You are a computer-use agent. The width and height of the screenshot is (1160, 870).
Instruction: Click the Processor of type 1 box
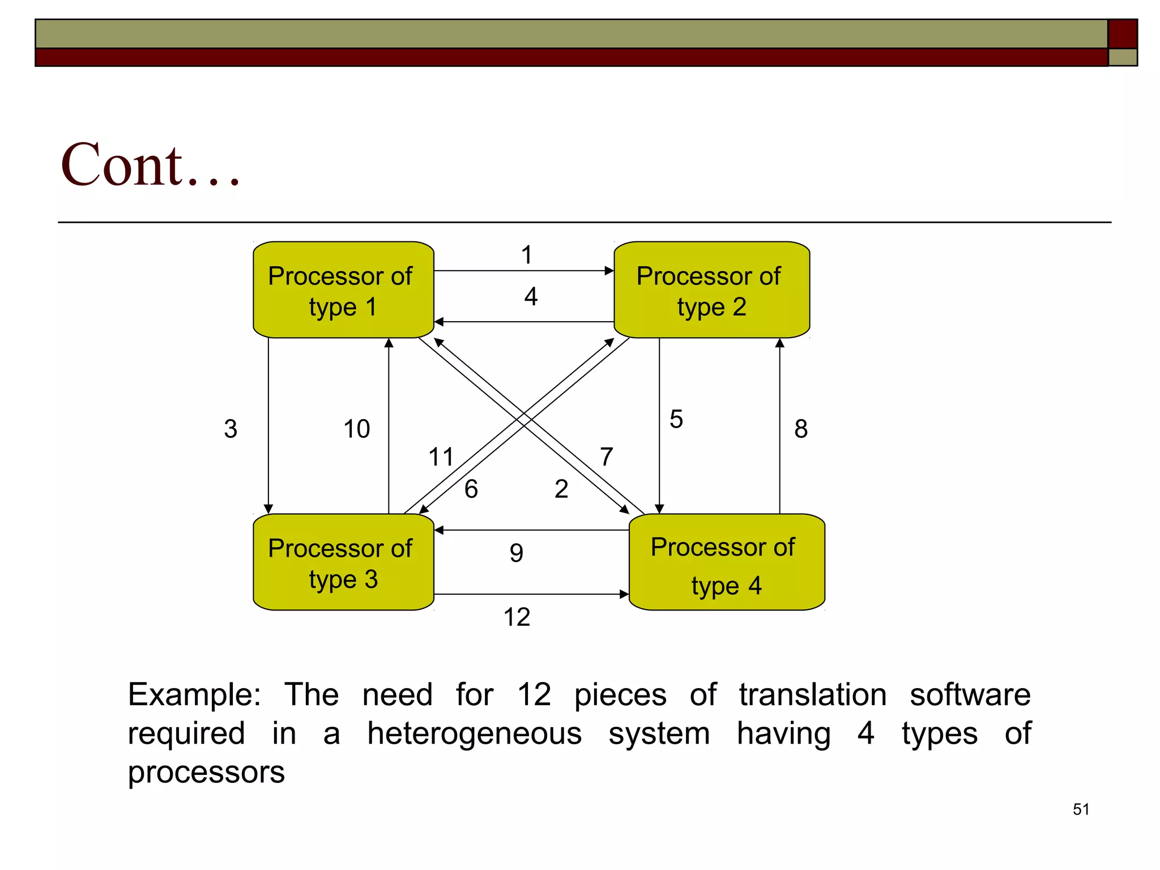pyautogui.click(x=343, y=290)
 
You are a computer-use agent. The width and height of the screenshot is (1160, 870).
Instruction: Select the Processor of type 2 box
pyautogui.click(x=711, y=290)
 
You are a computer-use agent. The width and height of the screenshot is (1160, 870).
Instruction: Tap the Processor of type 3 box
pyautogui.click(x=343, y=562)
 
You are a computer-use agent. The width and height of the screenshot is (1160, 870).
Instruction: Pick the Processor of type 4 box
pyautogui.click(x=726, y=562)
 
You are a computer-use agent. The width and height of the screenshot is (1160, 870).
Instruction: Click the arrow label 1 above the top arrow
pyautogui.click(x=527, y=255)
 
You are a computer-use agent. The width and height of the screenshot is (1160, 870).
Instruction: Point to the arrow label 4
pyautogui.click(x=531, y=297)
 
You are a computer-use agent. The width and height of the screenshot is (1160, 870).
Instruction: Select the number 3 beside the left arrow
pyautogui.click(x=231, y=429)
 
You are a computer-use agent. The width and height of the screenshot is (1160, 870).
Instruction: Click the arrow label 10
pyautogui.click(x=357, y=429)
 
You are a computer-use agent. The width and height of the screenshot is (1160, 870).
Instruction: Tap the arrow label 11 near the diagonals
pyautogui.click(x=441, y=457)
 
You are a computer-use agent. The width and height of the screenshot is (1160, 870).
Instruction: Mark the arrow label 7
pyautogui.click(x=607, y=457)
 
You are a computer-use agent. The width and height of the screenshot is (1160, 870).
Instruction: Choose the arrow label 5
pyautogui.click(x=676, y=419)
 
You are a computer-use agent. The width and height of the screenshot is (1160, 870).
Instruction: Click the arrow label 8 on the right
pyautogui.click(x=801, y=429)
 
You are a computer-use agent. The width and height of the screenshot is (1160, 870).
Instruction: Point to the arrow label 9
pyautogui.click(x=516, y=553)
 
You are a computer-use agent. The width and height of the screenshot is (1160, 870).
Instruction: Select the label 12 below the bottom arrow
pyautogui.click(x=517, y=617)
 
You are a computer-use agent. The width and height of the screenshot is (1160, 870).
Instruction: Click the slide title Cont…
pyautogui.click(x=151, y=165)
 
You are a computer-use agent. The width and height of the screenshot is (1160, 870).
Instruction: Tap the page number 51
pyautogui.click(x=1081, y=809)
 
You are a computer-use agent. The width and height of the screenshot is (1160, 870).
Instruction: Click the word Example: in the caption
pyautogui.click(x=194, y=694)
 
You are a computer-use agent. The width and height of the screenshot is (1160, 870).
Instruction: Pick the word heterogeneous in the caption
pyautogui.click(x=474, y=733)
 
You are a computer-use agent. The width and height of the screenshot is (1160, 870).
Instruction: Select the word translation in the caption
pyautogui.click(x=812, y=694)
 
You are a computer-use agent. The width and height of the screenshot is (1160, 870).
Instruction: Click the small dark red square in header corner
pyautogui.click(x=1122, y=33)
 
